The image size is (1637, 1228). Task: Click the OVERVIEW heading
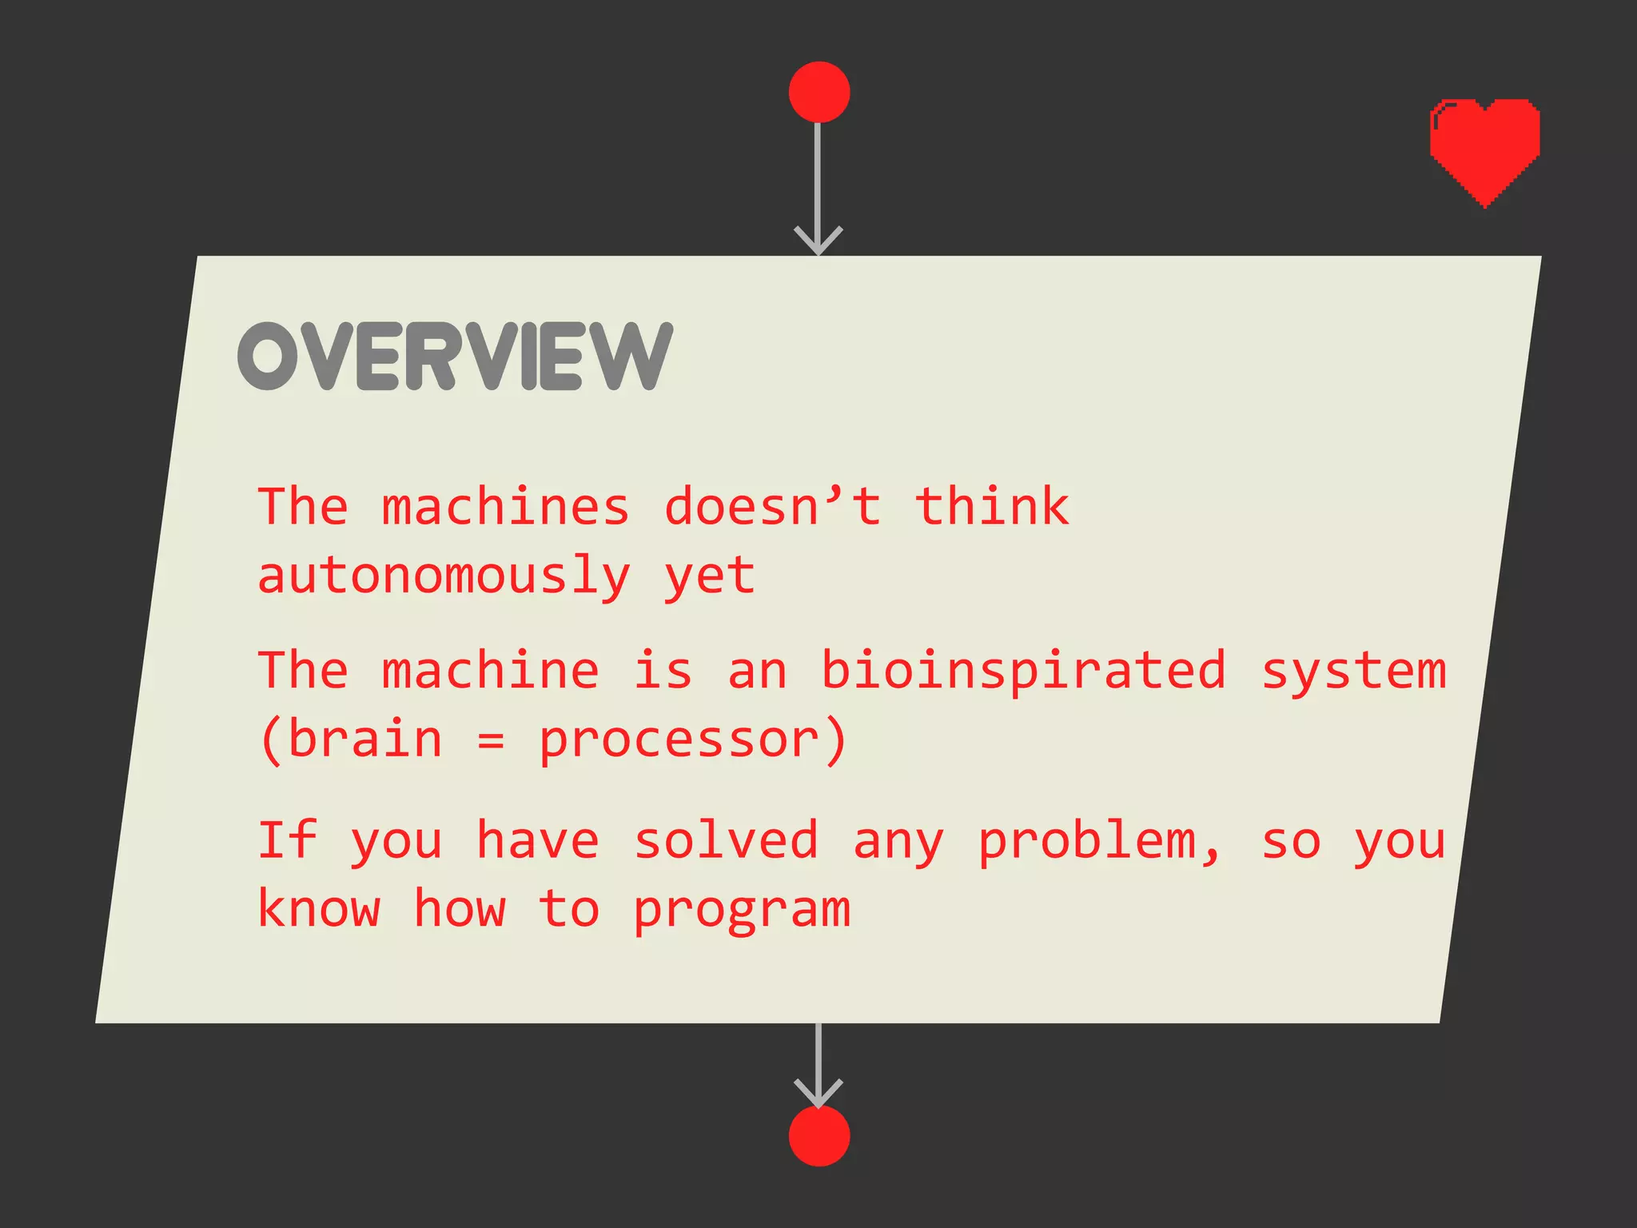455,357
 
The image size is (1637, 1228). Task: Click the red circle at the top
818,92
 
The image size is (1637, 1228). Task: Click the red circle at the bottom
818,1136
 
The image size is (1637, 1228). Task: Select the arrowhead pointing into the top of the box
818,240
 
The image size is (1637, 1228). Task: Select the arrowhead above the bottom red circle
818,1093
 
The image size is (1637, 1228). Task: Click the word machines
505,508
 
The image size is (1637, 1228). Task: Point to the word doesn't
772,508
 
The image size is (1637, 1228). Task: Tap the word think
991,508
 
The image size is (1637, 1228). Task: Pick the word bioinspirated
1023,671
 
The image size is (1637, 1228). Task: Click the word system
1353,671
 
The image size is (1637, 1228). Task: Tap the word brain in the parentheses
364,739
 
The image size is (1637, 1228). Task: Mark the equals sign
491,742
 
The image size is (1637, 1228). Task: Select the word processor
679,740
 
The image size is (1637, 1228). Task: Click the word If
287,840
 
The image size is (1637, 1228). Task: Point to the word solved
726,840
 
